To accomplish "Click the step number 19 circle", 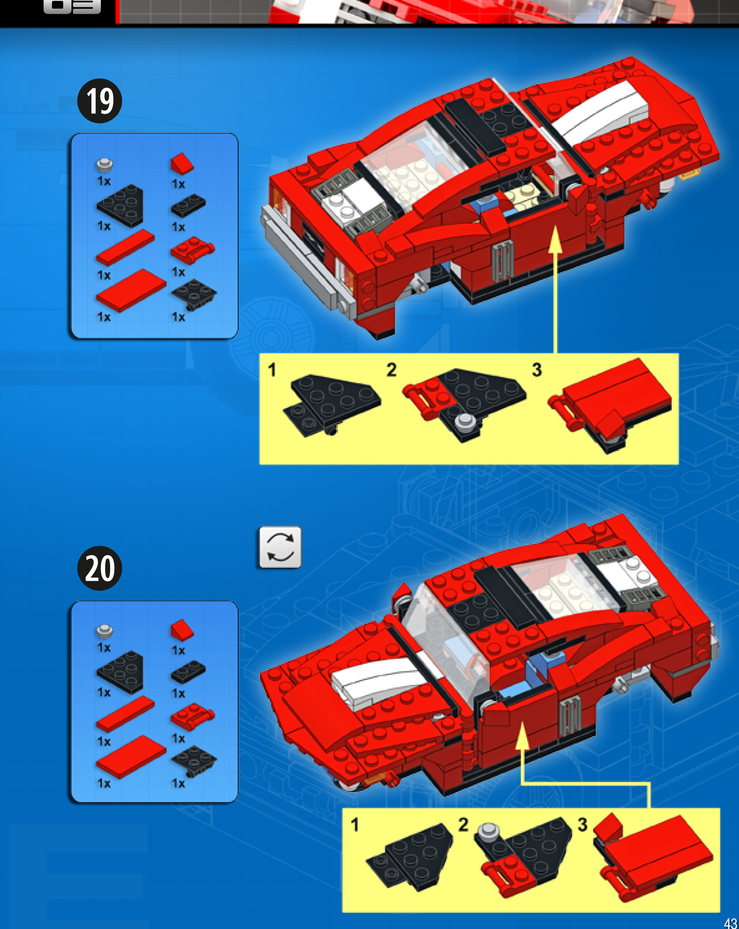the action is [100, 101].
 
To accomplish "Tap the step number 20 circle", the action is [100, 568].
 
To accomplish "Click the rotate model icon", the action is [280, 547].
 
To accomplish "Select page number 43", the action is [730, 922].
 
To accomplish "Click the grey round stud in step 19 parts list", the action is [104, 165].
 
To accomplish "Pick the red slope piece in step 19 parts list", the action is [182, 163].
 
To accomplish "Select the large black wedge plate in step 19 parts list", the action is [120, 205].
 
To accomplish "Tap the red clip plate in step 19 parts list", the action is [192, 249].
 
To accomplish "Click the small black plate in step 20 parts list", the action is [189, 671].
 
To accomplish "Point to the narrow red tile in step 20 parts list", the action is [125, 714].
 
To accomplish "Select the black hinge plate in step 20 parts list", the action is [194, 761].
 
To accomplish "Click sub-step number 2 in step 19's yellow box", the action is [391, 370].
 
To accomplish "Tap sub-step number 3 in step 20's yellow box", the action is [582, 825].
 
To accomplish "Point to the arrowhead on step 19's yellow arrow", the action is [555, 239].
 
